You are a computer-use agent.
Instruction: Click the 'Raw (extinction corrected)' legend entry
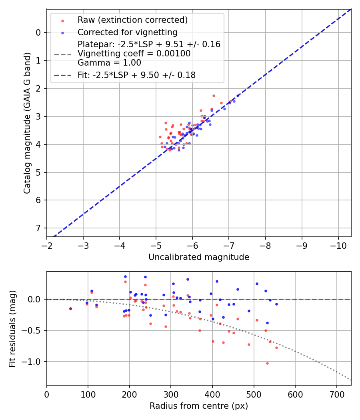(132, 20)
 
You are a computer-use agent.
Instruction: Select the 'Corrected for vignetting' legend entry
(128, 32)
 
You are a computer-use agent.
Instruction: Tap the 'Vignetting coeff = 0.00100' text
(134, 53)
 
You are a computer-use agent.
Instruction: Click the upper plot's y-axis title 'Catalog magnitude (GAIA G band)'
(27, 123)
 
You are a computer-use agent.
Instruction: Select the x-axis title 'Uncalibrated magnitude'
(199, 257)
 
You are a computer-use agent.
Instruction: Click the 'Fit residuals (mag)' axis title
(12, 328)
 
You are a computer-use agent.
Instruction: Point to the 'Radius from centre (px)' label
(199, 406)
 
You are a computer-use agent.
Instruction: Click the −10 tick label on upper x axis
(338, 245)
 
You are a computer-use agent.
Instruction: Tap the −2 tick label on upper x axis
(47, 245)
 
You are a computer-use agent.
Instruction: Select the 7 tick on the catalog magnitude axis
(38, 228)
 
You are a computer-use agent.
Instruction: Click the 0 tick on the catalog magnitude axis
(38, 32)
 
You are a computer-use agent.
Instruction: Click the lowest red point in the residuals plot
(267, 363)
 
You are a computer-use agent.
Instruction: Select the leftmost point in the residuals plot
(70, 308)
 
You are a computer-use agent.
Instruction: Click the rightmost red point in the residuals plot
(276, 348)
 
